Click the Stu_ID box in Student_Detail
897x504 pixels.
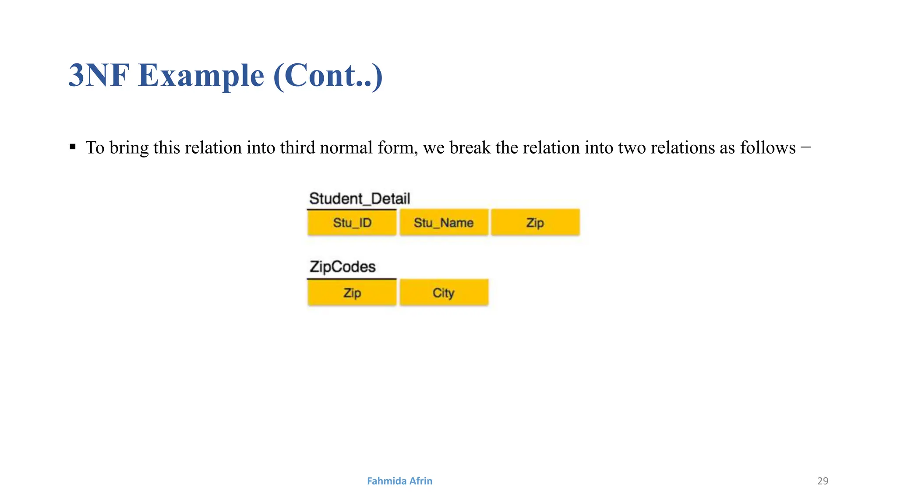(x=352, y=223)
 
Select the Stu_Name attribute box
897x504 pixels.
(x=444, y=223)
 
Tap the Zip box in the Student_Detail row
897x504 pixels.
(x=535, y=223)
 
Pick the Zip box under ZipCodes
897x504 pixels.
(x=352, y=292)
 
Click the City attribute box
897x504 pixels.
(x=444, y=292)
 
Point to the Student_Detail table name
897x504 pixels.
(x=360, y=199)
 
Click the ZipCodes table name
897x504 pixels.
(x=343, y=267)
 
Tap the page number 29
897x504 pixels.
(x=823, y=481)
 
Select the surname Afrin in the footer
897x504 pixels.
(x=420, y=481)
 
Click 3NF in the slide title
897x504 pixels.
(x=99, y=75)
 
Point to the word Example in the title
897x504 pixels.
(x=201, y=75)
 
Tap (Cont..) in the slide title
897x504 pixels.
(x=328, y=75)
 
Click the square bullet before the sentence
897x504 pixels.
(x=73, y=147)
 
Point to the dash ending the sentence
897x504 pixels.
(x=805, y=147)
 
